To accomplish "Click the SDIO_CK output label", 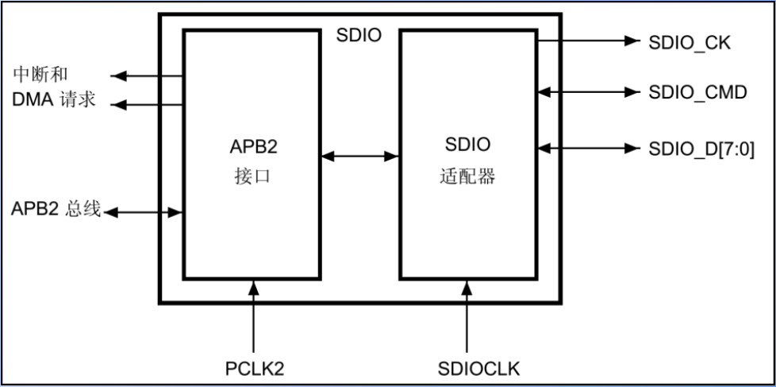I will [689, 42].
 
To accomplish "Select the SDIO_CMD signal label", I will [697, 92].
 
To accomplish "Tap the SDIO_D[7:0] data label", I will [701, 148].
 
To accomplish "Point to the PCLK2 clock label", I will [254, 369].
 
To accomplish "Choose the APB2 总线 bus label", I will [56, 210].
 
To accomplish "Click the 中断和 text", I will [40, 75].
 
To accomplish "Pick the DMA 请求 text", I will [54, 101].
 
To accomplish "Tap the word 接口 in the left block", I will [253, 176].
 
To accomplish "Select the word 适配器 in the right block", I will [467, 176].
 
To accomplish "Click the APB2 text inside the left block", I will [253, 148].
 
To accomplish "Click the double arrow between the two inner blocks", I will [360, 157].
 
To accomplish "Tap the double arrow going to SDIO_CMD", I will [587, 92].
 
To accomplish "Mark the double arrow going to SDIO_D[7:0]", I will [587, 148].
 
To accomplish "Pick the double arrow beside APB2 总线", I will [144, 212].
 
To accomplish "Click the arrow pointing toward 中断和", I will [147, 76].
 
